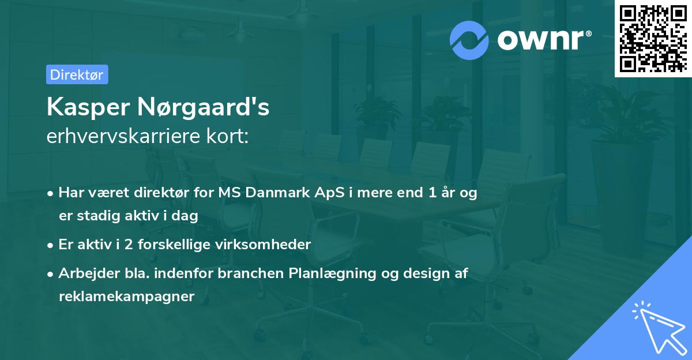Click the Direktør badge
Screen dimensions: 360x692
click(x=77, y=74)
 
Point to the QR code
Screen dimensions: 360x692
click(x=653, y=38)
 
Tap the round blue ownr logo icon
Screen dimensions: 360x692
click(x=469, y=40)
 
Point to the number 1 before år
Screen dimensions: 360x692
click(x=432, y=193)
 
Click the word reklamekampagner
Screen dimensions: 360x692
click(x=127, y=297)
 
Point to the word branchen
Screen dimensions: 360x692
click(x=251, y=273)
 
